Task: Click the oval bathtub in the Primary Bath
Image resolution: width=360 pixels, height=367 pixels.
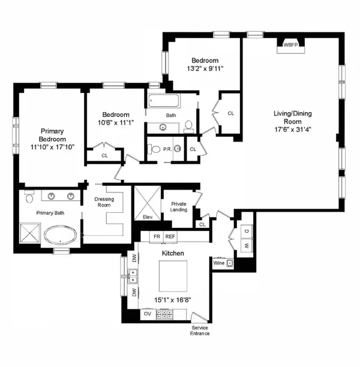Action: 58,234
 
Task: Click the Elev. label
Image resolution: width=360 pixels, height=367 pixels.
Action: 148,216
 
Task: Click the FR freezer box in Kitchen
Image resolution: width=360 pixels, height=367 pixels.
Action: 157,237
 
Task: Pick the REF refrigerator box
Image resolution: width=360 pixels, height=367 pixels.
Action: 170,237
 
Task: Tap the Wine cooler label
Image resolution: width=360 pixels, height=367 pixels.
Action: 219,262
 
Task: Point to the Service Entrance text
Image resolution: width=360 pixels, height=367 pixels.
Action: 200,330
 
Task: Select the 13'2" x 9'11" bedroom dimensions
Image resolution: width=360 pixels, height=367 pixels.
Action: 205,68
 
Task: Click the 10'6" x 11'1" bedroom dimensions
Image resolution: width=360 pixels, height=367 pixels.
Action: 116,123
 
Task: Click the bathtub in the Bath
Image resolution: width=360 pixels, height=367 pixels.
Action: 171,100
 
